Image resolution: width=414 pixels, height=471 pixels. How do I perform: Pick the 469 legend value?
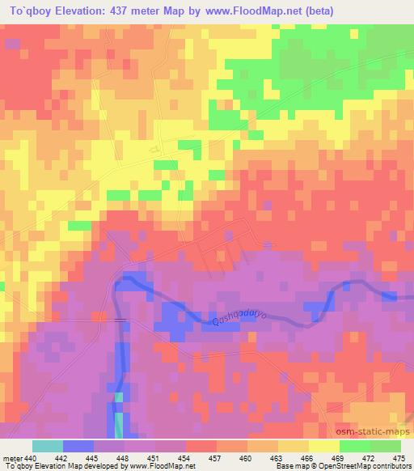340,457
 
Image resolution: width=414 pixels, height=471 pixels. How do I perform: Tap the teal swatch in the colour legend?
48,446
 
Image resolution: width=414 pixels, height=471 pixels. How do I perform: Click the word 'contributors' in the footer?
389,467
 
